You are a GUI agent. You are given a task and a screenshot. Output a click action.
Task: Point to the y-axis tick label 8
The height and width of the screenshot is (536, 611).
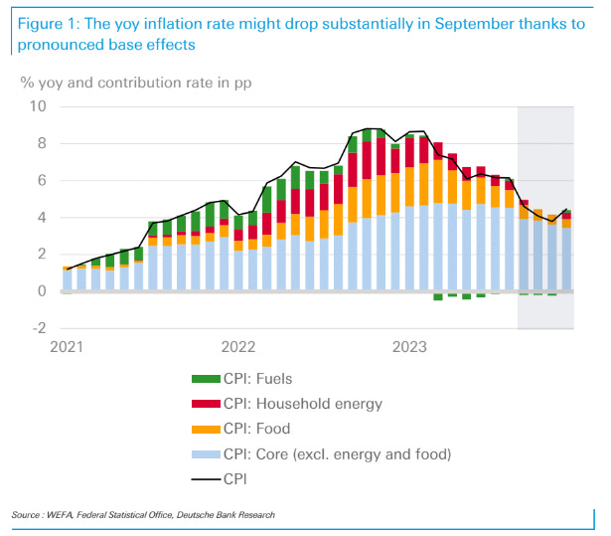(42, 144)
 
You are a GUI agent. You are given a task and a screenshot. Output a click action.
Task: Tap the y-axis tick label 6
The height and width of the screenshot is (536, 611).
(42, 181)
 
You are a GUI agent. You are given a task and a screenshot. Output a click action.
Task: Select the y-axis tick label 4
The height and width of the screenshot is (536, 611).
(42, 218)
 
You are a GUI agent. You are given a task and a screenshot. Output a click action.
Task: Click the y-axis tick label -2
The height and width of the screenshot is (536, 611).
(39, 328)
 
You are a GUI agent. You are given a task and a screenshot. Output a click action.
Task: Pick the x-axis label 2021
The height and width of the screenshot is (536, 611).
(67, 347)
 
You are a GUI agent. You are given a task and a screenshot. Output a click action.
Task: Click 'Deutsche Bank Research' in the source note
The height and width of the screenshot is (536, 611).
(230, 515)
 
